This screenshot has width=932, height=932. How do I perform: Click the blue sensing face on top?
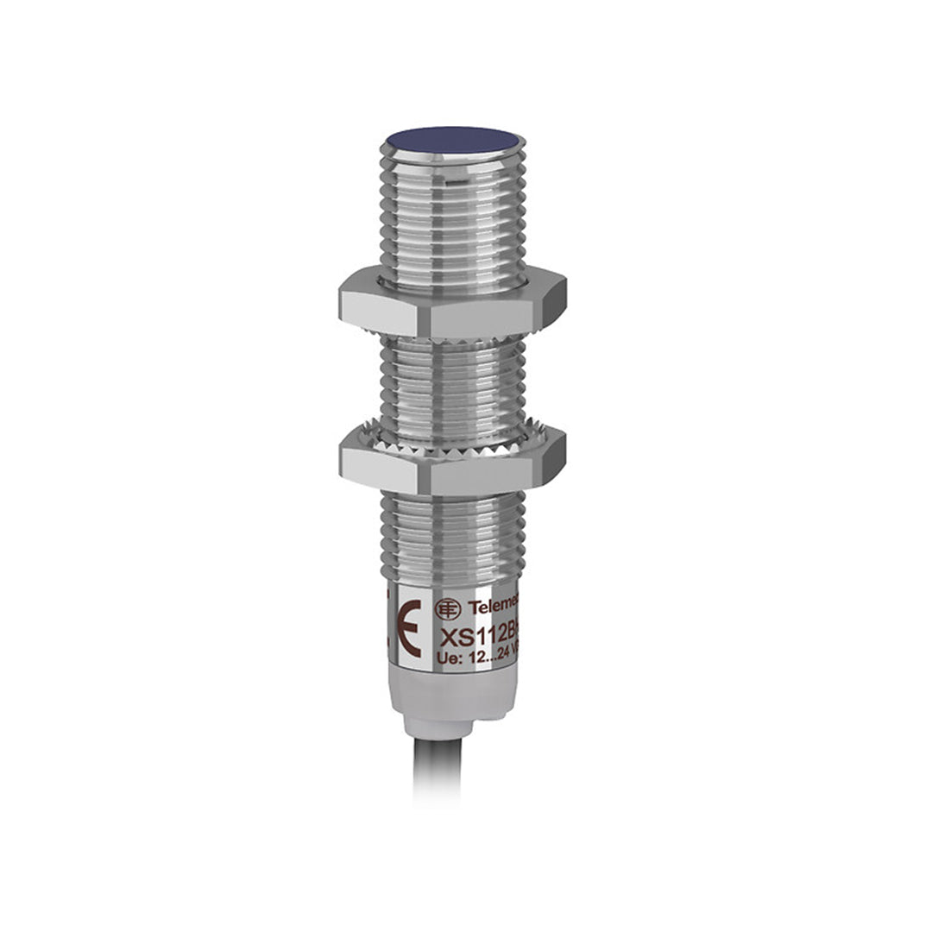click(452, 139)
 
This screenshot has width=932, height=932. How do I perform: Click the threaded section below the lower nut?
click(452, 535)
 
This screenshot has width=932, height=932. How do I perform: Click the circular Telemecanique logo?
click(447, 608)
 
